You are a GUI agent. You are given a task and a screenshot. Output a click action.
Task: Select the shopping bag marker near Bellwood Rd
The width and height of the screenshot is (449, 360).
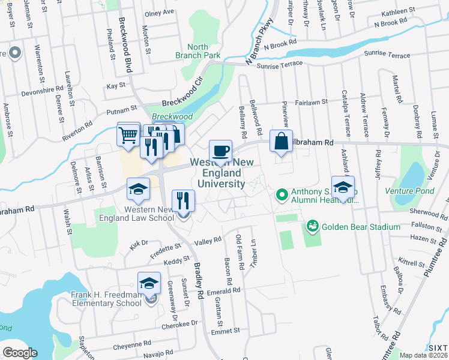coord(281,142)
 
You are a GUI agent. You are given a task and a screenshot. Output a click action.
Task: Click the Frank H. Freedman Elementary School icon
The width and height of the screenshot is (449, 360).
coord(149,284)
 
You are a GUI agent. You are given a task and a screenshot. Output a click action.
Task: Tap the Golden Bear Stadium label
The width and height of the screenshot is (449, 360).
coord(361,227)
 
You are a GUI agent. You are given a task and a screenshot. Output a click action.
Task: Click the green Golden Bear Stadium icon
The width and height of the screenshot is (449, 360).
coord(312,226)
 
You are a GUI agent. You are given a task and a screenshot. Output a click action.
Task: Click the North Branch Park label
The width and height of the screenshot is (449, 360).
coord(197,51)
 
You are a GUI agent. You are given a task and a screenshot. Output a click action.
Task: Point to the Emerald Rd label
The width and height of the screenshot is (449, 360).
coord(223,290)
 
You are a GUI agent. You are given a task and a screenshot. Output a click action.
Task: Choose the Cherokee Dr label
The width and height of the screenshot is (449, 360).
coord(179,324)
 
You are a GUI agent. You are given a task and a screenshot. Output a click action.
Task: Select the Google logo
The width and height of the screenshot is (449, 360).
coord(20,352)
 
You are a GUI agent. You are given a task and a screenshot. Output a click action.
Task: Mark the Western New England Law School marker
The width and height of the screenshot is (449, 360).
coord(138,190)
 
